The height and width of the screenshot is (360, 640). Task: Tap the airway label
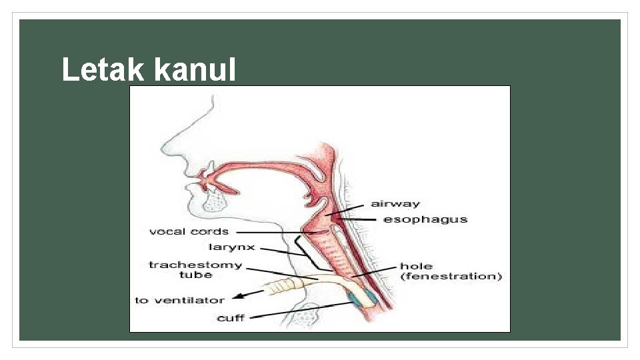(x=395, y=203)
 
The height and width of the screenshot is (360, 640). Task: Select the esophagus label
(x=425, y=219)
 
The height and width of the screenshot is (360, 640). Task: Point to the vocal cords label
(x=189, y=231)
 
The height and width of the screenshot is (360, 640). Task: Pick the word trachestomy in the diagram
(x=195, y=265)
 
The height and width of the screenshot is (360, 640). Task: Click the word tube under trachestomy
(x=195, y=275)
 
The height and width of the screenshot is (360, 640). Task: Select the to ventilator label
(x=179, y=301)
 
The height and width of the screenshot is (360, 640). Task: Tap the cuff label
(x=231, y=318)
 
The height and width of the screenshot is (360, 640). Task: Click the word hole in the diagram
(x=416, y=266)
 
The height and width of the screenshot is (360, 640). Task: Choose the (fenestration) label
(x=451, y=276)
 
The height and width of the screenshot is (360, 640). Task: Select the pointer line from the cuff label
(x=300, y=310)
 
